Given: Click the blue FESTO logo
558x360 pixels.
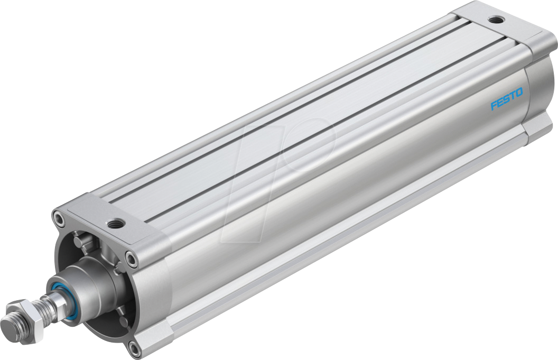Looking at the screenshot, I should [x=506, y=99].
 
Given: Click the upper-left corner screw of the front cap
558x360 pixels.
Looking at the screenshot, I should [x=59, y=217].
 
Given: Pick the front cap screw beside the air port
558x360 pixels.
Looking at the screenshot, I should [x=130, y=258].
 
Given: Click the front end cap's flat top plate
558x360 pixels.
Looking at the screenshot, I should [x=106, y=217].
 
